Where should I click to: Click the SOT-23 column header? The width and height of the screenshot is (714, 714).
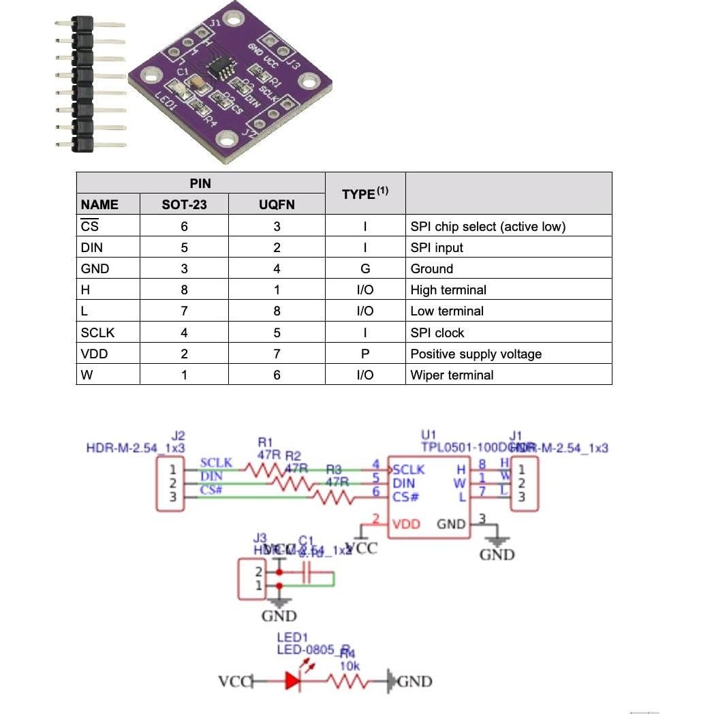pos(184,204)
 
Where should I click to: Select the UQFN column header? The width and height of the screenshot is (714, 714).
pos(277,204)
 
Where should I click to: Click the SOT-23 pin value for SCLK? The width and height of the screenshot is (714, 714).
pos(184,332)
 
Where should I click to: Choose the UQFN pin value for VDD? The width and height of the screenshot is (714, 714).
pos(277,354)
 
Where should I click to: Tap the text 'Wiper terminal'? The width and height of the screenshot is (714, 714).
pos(452,375)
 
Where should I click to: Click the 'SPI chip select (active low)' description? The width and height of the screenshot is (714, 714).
pos(488,226)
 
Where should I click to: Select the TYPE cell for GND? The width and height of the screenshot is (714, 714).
pos(365,268)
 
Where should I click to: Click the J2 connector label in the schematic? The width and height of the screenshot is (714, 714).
pos(178,435)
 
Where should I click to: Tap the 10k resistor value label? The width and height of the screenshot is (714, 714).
pos(349,666)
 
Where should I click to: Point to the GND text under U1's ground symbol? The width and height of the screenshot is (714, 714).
pos(497,555)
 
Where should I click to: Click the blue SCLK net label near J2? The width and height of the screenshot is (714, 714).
pos(215,463)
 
